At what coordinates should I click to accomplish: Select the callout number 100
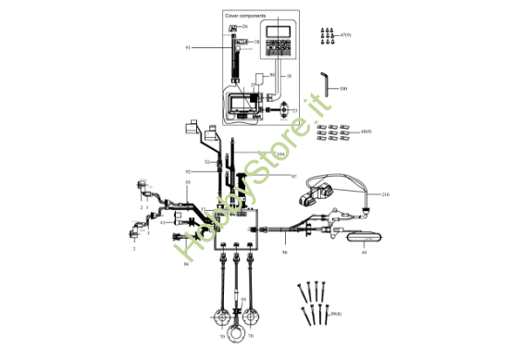(343, 89)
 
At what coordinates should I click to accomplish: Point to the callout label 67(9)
(347, 33)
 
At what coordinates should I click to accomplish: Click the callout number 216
(386, 195)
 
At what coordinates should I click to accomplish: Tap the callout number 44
(364, 251)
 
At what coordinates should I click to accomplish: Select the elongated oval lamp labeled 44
(361, 235)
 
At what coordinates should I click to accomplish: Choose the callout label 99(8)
(336, 316)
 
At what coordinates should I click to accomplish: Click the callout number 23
(254, 84)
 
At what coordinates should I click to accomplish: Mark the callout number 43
(163, 222)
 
